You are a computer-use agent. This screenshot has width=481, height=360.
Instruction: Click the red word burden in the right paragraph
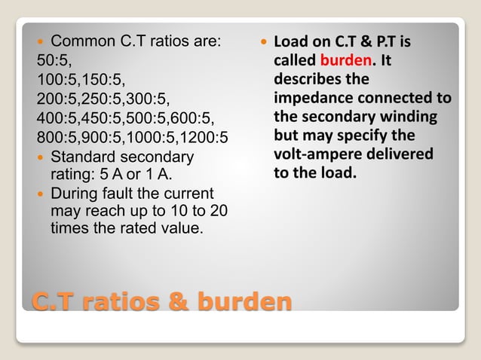pos(344,60)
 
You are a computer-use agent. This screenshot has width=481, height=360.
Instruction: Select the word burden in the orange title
pos(245,302)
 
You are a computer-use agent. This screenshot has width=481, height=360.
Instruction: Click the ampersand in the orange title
pos(180,302)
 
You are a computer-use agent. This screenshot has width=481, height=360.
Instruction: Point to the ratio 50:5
pos(50,60)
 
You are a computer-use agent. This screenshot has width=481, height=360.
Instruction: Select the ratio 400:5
pos(56,118)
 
